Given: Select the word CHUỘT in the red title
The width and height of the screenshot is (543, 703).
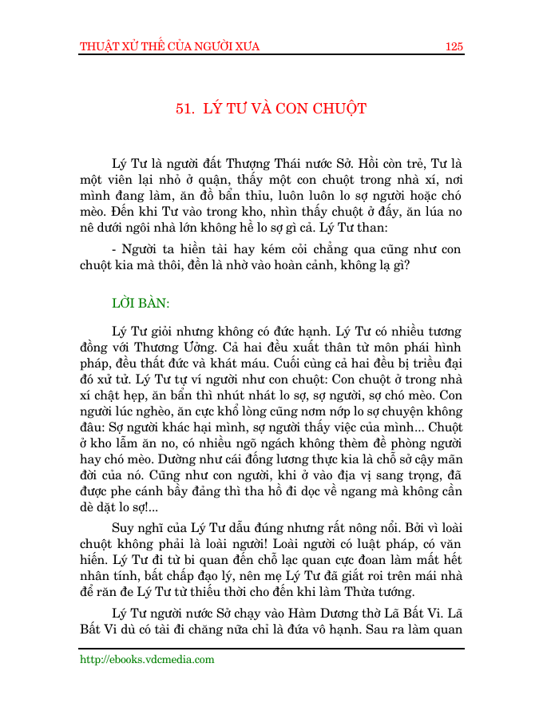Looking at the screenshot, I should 339,109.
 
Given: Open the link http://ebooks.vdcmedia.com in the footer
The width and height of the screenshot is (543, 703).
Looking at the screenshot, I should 147,660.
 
